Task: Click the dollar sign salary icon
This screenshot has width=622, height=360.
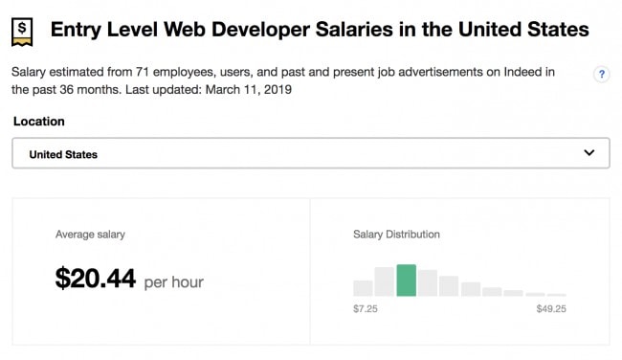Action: [x=24, y=31]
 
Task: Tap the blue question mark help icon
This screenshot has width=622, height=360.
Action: [x=602, y=75]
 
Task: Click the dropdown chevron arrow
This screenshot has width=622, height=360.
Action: [x=589, y=153]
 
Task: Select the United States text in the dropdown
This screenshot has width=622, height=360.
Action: [x=63, y=154]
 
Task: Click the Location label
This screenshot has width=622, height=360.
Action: [x=38, y=122]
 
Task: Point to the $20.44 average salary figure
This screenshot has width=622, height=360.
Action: [x=96, y=279]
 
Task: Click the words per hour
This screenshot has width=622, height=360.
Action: [x=173, y=282]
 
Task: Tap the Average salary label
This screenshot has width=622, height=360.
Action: [x=90, y=235]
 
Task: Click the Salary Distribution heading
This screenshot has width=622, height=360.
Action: [x=396, y=235]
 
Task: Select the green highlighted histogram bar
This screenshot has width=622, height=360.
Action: [x=406, y=280]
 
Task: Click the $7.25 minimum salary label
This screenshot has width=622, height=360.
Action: [x=367, y=309]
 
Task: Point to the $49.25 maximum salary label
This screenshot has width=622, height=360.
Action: [x=551, y=309]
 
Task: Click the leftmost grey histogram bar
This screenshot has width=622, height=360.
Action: [x=363, y=287]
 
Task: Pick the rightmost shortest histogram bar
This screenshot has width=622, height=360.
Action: [x=557, y=294]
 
